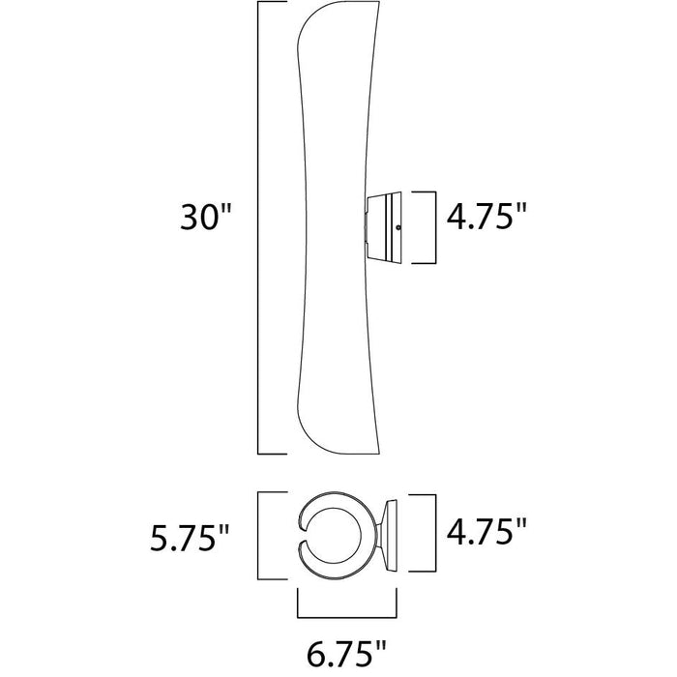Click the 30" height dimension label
tap(206, 217)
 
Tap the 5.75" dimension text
tap(189, 538)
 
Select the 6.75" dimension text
tap(345, 654)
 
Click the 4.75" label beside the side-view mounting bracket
tap(486, 216)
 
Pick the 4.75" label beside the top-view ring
tap(486, 532)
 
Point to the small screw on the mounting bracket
tap(398, 227)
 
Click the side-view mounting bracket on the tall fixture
tap(383, 227)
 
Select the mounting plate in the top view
tap(391, 536)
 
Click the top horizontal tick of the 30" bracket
tap(272, 1)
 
